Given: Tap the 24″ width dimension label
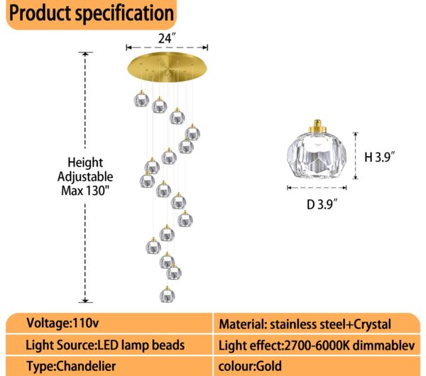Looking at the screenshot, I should (168, 38).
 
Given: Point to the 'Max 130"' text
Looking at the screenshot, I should (87, 190).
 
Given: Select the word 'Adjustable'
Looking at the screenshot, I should (87, 176).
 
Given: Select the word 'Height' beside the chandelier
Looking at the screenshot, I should (86, 162).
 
